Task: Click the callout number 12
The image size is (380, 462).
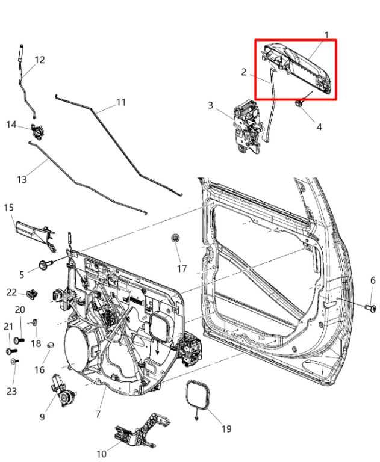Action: coord(40,60)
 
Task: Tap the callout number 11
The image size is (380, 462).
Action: coord(121,102)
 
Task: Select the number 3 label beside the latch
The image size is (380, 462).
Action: coord(211,106)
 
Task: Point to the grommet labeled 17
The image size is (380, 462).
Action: coord(175,239)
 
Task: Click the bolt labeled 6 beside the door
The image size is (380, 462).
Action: coord(371,309)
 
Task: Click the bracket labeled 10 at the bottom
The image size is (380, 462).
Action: coord(139,433)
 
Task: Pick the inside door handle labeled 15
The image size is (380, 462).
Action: coord(33,232)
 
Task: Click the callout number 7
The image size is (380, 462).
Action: coord(98,414)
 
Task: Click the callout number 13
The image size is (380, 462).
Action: coord(22,179)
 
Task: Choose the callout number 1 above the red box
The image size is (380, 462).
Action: coord(327,35)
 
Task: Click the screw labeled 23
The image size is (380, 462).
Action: coord(14,361)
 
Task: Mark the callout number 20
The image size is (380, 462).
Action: coord(20,309)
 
